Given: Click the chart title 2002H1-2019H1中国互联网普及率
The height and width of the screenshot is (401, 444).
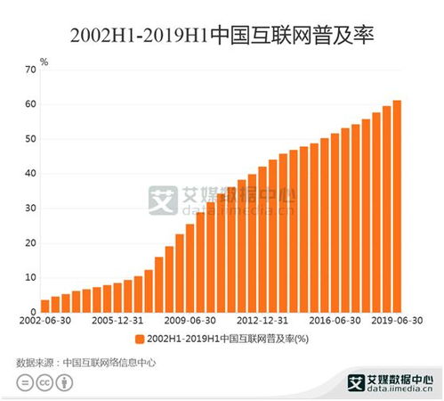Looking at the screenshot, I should [x=222, y=37].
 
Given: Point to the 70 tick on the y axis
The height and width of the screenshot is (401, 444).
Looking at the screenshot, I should [x=31, y=70].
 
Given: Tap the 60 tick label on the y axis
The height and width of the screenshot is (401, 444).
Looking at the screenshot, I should [x=31, y=104].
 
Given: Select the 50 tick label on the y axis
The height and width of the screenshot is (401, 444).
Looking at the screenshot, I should [x=31, y=139].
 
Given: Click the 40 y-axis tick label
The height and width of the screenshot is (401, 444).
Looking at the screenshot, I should [x=31, y=174].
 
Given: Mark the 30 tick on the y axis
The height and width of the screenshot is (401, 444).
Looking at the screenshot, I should [x=31, y=209].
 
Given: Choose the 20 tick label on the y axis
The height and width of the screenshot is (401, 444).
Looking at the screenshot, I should [x=31, y=243].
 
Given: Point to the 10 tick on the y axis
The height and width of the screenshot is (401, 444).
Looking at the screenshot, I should [x=31, y=278].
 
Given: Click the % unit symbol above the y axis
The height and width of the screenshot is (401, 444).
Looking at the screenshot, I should [x=44, y=61].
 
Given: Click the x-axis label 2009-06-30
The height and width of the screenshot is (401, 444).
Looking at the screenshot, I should [x=190, y=319].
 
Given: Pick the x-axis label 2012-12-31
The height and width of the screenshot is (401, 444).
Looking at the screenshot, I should [x=261, y=319].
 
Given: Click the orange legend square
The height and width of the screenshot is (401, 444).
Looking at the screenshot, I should [x=141, y=339].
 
